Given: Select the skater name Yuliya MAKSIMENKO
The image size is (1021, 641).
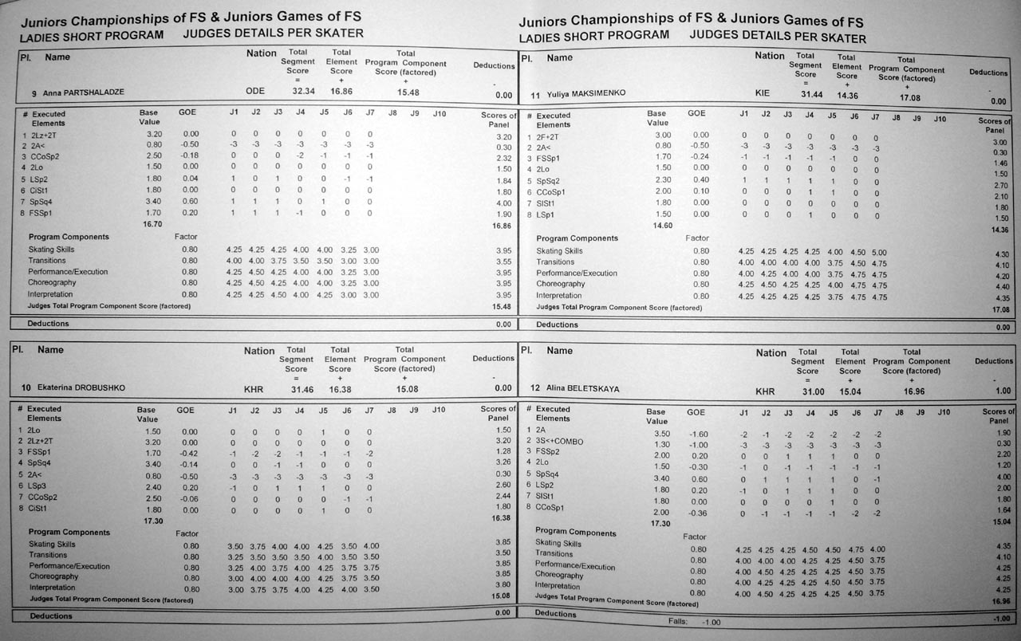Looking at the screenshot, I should (586, 94).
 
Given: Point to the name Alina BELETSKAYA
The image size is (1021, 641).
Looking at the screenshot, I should (582, 389).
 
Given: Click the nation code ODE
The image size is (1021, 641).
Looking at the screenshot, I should (254, 92).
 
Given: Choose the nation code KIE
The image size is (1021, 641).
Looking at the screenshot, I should (763, 93).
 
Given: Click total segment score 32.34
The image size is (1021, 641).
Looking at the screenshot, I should (303, 92).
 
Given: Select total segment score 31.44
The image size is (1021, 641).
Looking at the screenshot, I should (810, 94).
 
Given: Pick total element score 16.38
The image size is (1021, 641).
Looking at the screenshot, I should (340, 388).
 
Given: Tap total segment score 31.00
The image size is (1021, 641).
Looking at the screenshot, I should (813, 391).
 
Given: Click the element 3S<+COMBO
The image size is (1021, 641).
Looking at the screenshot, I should (560, 441).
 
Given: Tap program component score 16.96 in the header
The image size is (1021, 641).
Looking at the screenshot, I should (909, 391).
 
